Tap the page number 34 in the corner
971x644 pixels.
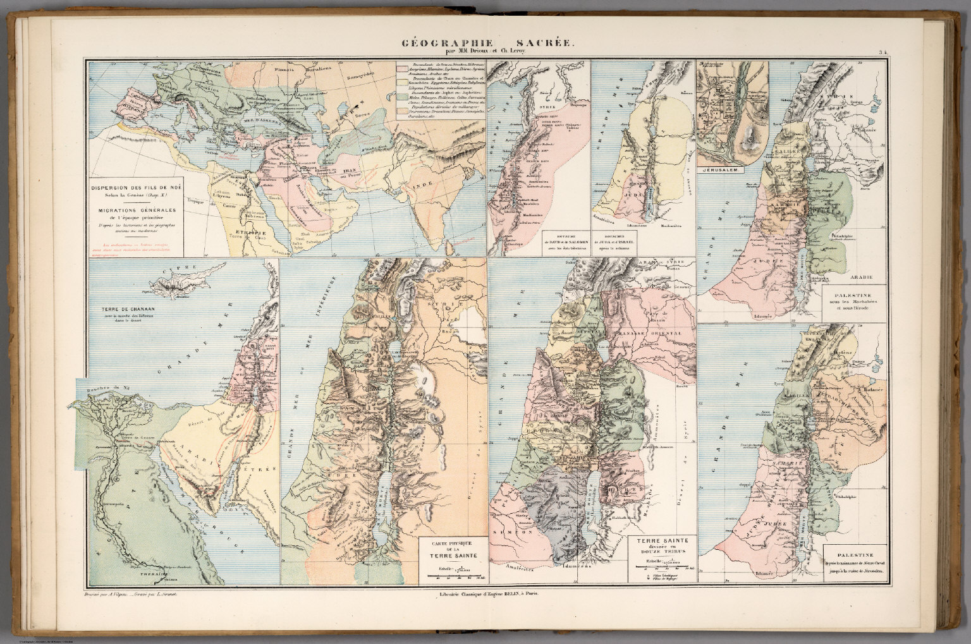884,54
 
